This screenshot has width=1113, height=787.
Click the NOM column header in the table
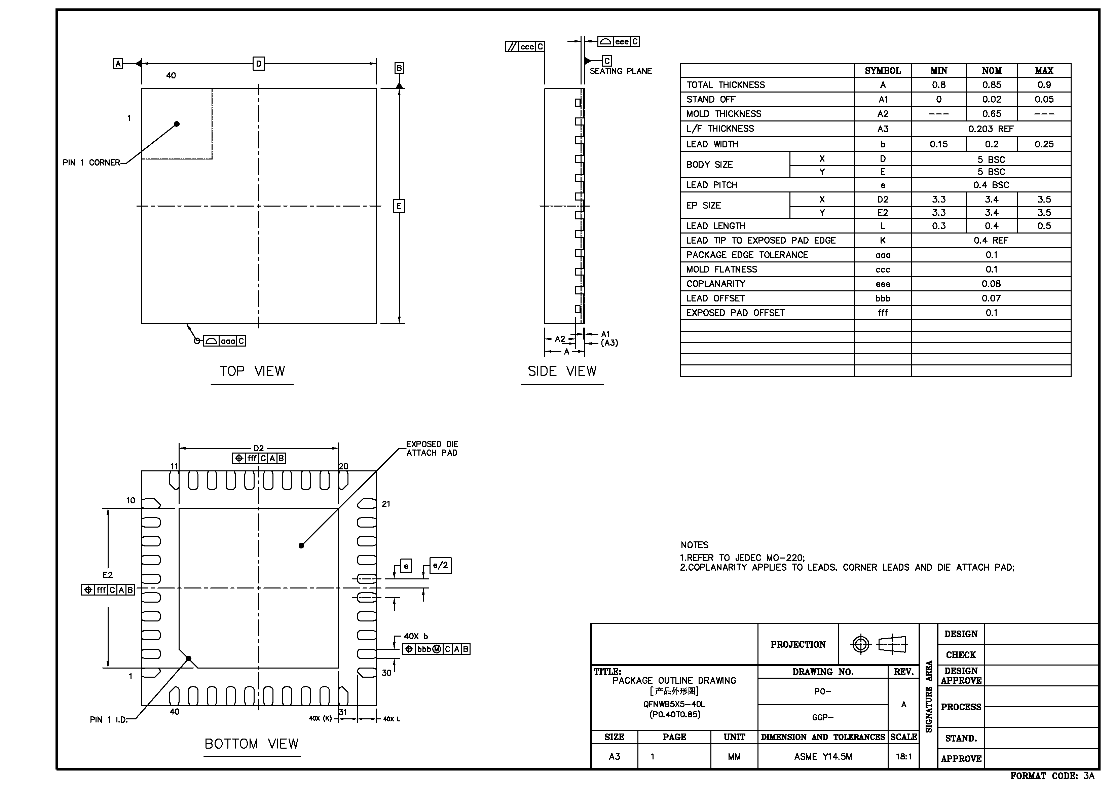tap(991, 71)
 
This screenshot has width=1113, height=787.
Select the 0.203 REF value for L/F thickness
tap(991, 129)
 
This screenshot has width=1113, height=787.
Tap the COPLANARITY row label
tap(715, 284)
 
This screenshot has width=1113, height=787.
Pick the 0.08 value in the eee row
tap(991, 284)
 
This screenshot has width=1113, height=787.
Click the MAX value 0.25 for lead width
tap(1044, 144)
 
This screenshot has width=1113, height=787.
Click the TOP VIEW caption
tap(252, 371)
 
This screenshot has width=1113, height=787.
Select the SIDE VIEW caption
tap(562, 371)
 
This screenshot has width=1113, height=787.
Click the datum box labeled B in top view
tap(399, 68)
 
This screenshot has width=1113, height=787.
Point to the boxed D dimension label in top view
tap(259, 64)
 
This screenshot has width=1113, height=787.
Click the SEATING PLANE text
tap(621, 71)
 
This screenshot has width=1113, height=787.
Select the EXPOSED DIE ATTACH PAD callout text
tap(432, 449)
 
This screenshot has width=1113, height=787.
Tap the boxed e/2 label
tap(441, 565)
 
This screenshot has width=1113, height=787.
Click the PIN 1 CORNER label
tap(91, 163)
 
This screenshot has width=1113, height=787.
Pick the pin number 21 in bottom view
tap(386, 504)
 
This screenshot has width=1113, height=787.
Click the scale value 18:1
tap(903, 756)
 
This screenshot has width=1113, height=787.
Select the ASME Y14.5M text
tap(823, 756)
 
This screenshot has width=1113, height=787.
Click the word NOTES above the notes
tap(694, 545)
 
